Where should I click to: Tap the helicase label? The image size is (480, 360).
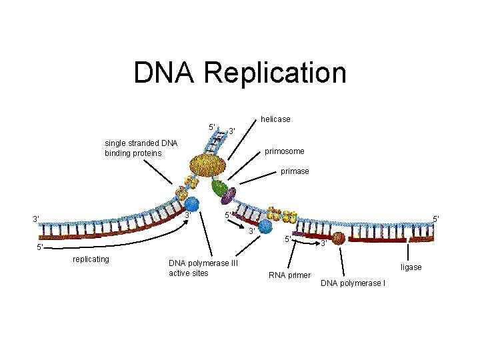click(x=275, y=119)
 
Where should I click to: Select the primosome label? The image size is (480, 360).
click(x=285, y=151)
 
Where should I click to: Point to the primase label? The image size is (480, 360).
click(x=295, y=171)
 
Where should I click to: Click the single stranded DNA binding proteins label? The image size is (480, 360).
click(x=141, y=148)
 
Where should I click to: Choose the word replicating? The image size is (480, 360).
click(x=91, y=259)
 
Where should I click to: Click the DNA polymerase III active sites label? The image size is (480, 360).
click(x=199, y=268)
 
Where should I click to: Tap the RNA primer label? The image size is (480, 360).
click(x=289, y=275)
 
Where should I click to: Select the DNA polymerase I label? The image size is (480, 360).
click(x=353, y=284)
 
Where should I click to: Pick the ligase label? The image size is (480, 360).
click(x=411, y=267)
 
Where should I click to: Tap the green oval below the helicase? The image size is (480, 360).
click(x=219, y=188)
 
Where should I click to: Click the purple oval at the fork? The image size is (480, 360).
click(x=229, y=196)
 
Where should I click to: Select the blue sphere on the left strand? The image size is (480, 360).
click(x=191, y=204)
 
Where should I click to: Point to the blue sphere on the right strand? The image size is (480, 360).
click(x=266, y=227)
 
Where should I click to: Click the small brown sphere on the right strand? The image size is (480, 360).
click(x=339, y=238)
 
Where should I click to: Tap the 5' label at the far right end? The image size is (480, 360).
click(x=435, y=219)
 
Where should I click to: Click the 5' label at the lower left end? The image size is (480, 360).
click(x=40, y=247)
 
